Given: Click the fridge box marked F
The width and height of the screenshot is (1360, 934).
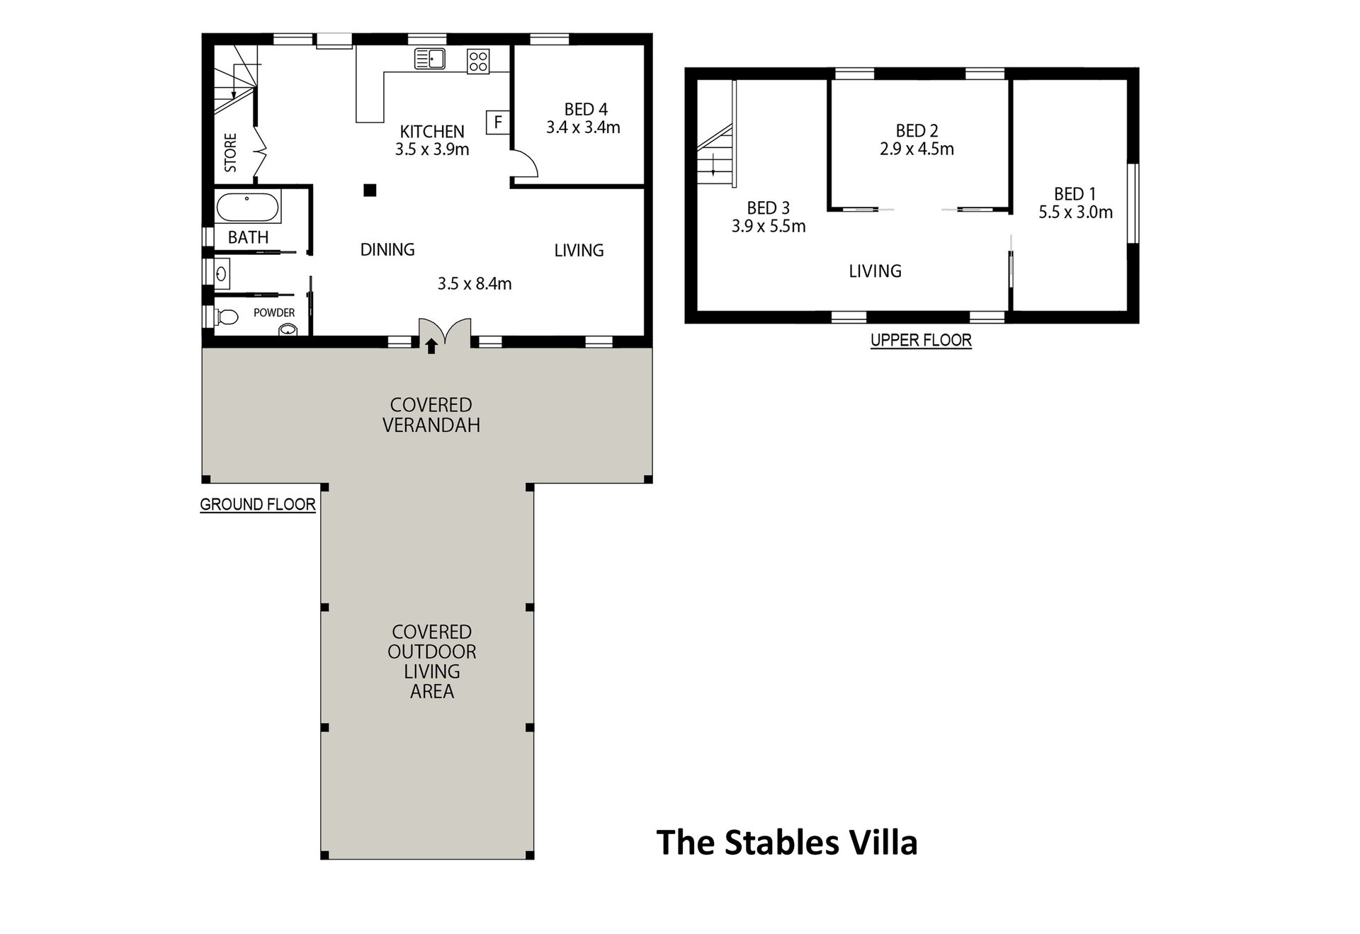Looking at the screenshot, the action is click(x=498, y=123).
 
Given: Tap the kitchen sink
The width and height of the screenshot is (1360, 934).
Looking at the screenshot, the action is click(x=429, y=59).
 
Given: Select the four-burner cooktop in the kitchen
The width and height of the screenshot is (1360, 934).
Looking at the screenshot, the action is click(x=477, y=60).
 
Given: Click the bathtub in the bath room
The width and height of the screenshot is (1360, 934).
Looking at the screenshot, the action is click(x=248, y=207).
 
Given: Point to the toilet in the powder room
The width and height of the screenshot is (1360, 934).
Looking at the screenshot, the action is click(x=227, y=317).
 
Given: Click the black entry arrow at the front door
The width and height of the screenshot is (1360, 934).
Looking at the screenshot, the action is click(x=431, y=346).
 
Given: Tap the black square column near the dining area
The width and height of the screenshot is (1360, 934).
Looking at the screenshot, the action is click(x=370, y=190).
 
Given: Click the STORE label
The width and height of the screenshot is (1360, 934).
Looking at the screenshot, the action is click(x=231, y=152).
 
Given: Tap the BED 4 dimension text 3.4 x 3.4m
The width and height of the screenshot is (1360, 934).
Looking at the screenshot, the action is click(x=583, y=127).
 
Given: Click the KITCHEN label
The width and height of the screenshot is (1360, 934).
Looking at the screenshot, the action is click(x=432, y=131).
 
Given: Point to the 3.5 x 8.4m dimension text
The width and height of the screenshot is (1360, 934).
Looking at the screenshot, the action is click(x=475, y=283).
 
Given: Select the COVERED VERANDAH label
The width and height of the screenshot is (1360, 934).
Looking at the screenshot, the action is click(x=431, y=415).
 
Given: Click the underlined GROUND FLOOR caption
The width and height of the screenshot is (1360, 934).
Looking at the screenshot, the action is click(x=258, y=505).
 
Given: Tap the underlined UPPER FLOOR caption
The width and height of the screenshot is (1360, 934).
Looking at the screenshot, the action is click(x=921, y=341).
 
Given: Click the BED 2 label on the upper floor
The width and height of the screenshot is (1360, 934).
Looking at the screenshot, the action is click(x=917, y=131).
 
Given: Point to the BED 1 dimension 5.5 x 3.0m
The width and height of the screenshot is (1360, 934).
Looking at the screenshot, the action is click(x=1075, y=212).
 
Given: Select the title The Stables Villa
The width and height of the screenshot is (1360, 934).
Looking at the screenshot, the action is click(x=787, y=843).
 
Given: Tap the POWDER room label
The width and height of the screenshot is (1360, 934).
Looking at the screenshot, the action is click(x=274, y=312).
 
